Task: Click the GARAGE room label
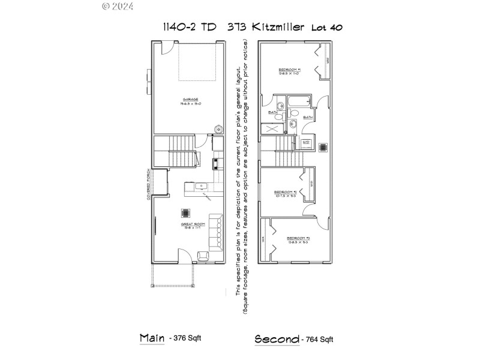coord(191,99)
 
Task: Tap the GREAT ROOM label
coord(191,226)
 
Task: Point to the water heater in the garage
coord(219,128)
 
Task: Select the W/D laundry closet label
coord(306,142)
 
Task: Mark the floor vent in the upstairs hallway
coord(323,146)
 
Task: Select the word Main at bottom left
coord(152,338)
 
